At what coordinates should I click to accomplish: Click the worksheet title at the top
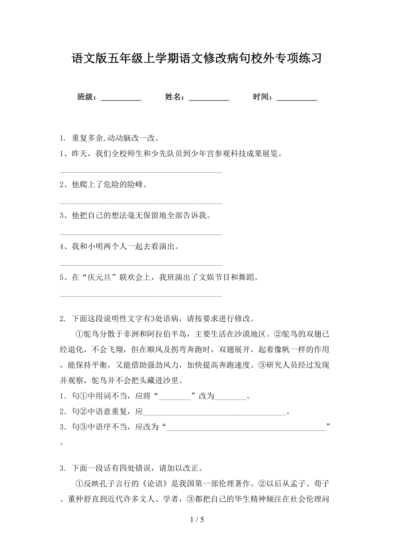pos(197,59)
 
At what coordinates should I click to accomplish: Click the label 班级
pos(86,97)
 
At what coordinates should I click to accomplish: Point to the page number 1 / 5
pos(197,520)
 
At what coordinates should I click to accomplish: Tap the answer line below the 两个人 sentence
pos(141,265)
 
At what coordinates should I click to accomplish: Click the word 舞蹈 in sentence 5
pos(248,277)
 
